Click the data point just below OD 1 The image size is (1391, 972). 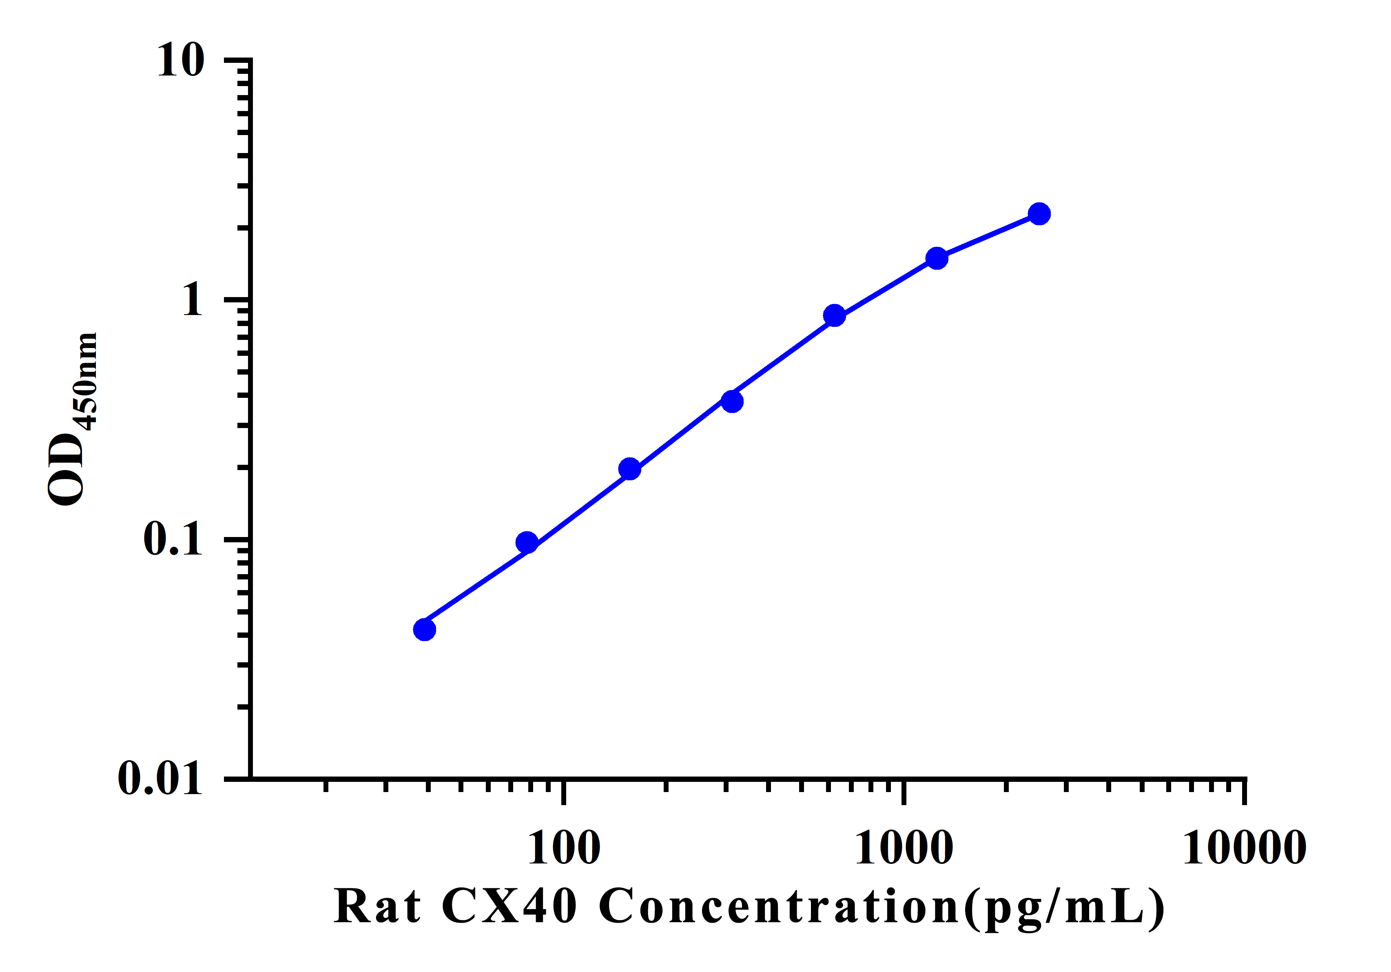coord(834,315)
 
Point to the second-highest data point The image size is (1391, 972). coord(937,258)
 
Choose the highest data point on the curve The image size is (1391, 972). coord(1039,213)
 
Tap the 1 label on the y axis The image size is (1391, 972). coord(193,300)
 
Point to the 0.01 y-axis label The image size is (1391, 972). coord(159,778)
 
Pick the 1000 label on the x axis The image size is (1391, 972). coord(904,848)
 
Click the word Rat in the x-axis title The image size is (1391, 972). coord(377,907)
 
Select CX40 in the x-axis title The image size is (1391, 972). coord(509,907)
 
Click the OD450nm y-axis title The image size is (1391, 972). coord(73,418)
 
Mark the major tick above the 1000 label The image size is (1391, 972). coord(904,792)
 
